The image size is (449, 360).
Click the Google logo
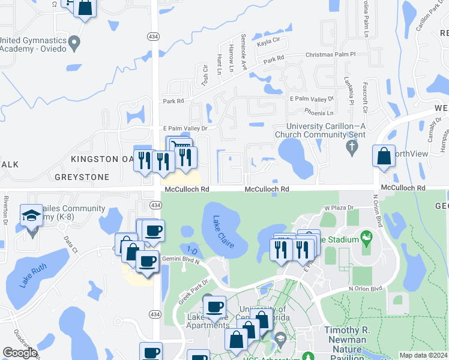20,353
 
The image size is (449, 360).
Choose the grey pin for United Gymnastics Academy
74,43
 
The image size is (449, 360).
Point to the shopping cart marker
180,146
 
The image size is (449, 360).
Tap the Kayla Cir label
268,41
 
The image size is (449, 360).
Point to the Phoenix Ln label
319,112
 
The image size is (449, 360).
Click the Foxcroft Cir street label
365,99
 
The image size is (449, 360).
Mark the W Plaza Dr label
340,208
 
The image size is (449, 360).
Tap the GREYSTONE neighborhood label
82,177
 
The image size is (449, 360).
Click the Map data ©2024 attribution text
423,355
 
